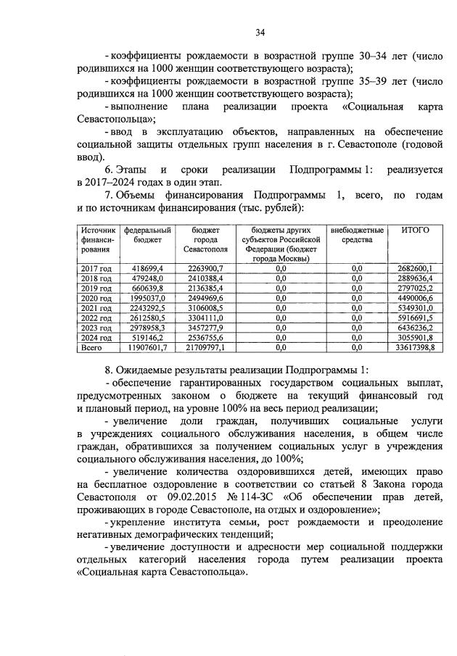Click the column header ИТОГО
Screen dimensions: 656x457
(415, 230)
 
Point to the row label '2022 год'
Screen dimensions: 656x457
(96, 318)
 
